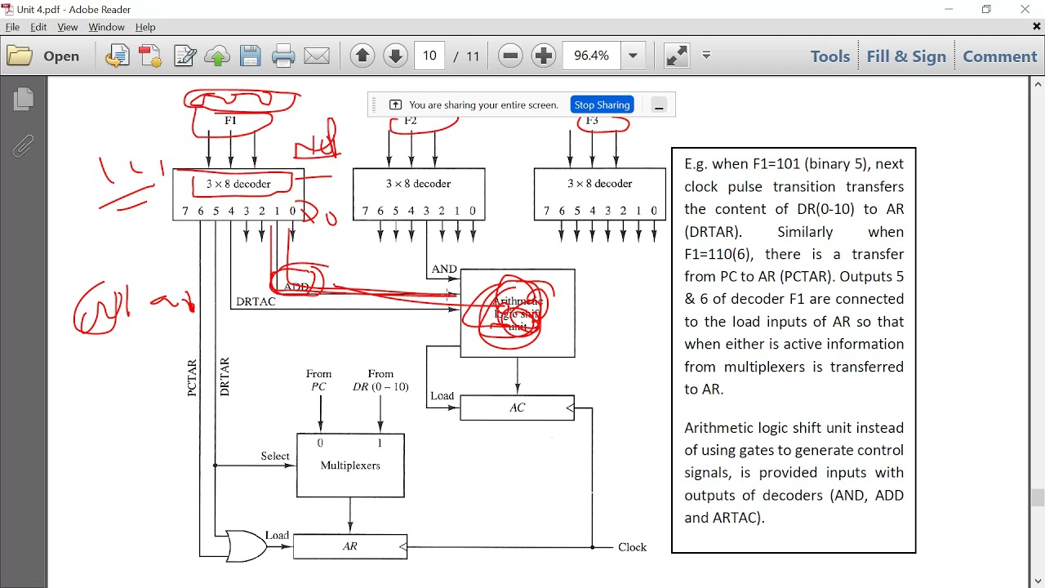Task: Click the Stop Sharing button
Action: [x=602, y=105]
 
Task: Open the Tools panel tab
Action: [x=829, y=56]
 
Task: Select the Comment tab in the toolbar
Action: [x=999, y=56]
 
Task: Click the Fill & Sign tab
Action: [x=906, y=56]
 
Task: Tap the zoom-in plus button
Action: [x=544, y=56]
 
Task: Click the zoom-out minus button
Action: [x=510, y=56]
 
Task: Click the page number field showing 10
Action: [x=429, y=56]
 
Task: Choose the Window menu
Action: [x=106, y=27]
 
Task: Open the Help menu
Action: [x=145, y=27]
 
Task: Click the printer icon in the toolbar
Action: [x=283, y=56]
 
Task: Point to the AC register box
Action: [x=517, y=408]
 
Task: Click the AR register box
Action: [x=350, y=546]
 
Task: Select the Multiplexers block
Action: [x=350, y=465]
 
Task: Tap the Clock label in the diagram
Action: [x=633, y=547]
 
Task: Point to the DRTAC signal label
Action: [x=256, y=301]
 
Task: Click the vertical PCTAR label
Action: [x=193, y=378]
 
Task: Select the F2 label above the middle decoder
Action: [x=411, y=121]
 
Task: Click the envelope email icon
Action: [x=317, y=56]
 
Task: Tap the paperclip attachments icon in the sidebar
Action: [x=23, y=146]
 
